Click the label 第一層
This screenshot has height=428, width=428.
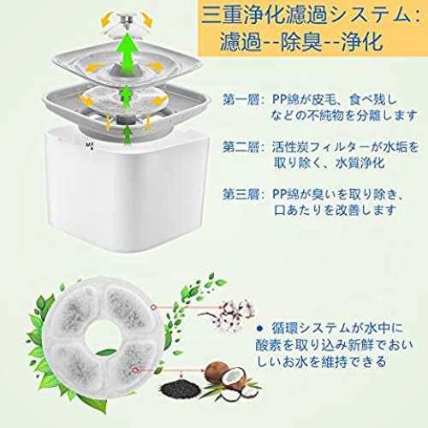(241, 100)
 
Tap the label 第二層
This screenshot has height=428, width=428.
(241, 147)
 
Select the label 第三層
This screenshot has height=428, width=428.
(241, 194)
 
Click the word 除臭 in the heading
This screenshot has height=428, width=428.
(301, 42)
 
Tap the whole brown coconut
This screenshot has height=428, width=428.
(217, 373)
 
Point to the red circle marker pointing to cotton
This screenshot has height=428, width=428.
(154, 307)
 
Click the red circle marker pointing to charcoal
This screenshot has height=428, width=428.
(136, 370)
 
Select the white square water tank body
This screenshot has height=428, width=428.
(128, 191)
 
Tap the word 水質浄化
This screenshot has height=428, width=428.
(360, 163)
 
